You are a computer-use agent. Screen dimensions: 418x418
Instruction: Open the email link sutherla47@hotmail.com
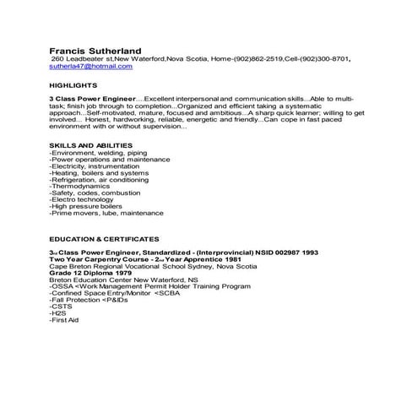click(90, 65)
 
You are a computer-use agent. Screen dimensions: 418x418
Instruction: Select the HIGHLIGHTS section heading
click(73, 85)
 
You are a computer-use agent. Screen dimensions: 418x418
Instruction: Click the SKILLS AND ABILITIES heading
click(90, 145)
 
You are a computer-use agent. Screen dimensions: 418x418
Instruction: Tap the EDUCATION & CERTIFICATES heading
click(104, 239)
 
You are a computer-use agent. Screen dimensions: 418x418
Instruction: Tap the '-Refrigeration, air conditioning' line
click(100, 179)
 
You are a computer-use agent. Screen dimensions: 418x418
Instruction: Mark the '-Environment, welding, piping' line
click(97, 152)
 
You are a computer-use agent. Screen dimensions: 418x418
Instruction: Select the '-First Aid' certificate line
click(64, 321)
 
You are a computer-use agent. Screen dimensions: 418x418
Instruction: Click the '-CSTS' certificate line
click(59, 307)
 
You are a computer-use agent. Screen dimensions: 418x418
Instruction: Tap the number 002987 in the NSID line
click(285, 252)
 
